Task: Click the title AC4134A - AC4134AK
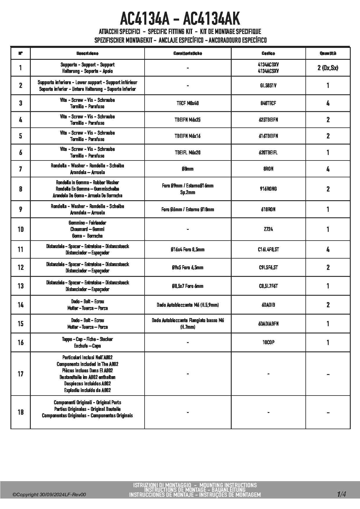pos(180,19)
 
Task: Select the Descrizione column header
pos(87,53)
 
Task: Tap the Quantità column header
pos(328,53)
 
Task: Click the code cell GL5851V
pos(268,86)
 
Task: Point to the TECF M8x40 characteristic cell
pos(188,103)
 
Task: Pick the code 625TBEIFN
pos(268,120)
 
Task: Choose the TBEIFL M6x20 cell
pos(188,152)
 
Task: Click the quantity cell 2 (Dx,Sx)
pos(328,68)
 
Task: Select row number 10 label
pos(20,229)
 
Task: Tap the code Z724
pos(268,229)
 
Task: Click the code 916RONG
pos(268,189)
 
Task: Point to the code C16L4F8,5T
pos(268,249)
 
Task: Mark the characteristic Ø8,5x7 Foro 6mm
pos(188,286)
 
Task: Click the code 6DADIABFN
pos(268,324)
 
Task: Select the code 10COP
pos(268,342)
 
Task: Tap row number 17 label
pos(20,374)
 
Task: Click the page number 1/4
pos(341,494)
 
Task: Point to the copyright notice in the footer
pos(49,495)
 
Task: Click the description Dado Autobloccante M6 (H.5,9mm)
pos(188,305)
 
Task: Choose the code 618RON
pos(268,209)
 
